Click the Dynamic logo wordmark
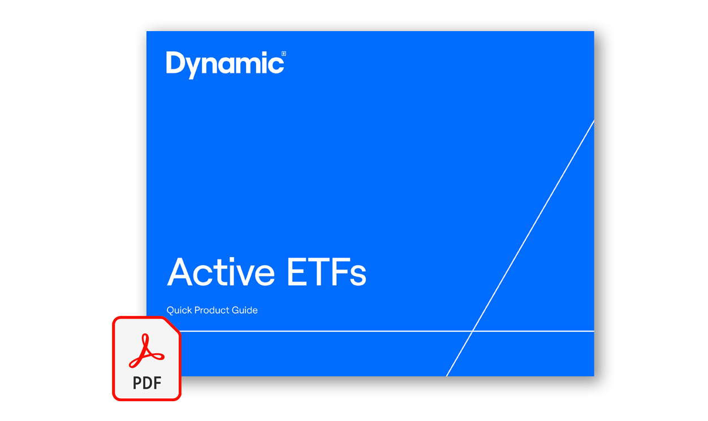225,65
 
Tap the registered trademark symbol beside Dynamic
283,54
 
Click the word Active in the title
221,272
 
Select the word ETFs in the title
326,272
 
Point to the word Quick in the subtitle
179,310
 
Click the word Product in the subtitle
211,310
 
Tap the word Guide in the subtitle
245,310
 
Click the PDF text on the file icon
147,383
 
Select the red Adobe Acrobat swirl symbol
146,351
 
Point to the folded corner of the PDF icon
172,325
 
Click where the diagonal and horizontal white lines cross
473,331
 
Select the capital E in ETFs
296,272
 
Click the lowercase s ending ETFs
358,276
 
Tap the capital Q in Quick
171,310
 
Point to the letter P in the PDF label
137,383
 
